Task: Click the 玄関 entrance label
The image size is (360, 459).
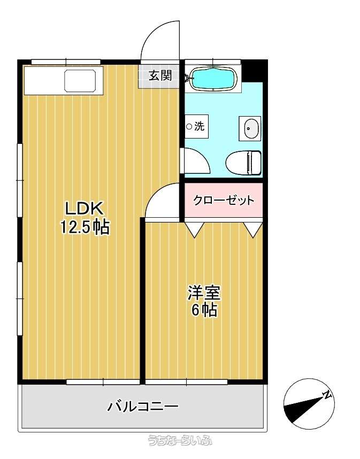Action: [160, 76]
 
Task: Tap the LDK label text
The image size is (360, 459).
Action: [85, 209]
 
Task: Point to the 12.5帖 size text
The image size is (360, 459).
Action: [85, 227]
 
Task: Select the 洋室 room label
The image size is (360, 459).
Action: [204, 293]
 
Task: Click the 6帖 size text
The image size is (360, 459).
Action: [204, 310]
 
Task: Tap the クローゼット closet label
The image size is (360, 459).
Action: [224, 201]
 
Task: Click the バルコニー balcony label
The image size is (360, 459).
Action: [142, 407]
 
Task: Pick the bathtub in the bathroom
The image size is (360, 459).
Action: [213, 78]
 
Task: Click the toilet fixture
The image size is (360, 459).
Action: [243, 163]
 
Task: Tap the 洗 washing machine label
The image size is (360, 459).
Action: [200, 126]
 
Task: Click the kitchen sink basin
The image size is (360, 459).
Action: [80, 80]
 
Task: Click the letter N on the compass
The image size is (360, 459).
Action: [327, 395]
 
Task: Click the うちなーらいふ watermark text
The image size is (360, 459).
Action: [180, 440]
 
